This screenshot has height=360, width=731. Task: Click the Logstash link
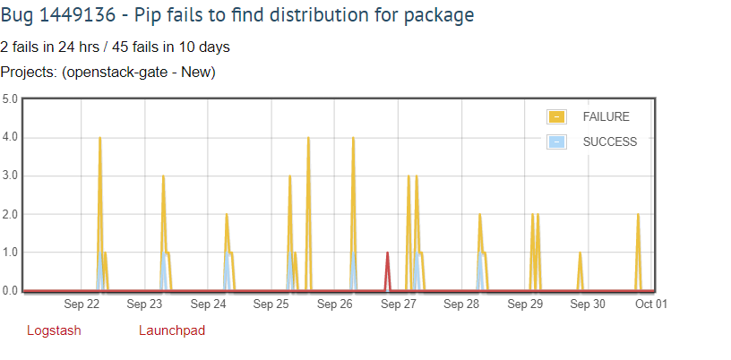(x=54, y=330)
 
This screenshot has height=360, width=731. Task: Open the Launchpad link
(x=172, y=330)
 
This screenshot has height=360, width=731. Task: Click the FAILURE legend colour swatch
(x=556, y=117)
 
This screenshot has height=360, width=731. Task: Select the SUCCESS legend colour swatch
(x=556, y=141)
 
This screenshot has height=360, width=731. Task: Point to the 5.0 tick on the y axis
(x=11, y=99)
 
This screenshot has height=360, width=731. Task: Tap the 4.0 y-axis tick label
(x=11, y=137)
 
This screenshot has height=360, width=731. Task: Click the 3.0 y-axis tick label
(x=11, y=176)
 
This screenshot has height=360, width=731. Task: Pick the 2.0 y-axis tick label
(x=11, y=214)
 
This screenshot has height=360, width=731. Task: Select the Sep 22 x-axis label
(x=81, y=304)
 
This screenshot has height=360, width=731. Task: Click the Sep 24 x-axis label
(x=208, y=304)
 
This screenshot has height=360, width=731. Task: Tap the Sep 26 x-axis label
(x=334, y=304)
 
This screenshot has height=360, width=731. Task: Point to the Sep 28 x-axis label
(x=461, y=304)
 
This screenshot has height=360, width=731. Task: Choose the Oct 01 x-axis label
(x=651, y=304)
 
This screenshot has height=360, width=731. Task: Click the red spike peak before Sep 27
(x=387, y=253)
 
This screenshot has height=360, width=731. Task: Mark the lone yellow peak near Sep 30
(x=580, y=253)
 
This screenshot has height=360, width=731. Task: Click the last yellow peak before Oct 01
(x=638, y=215)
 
